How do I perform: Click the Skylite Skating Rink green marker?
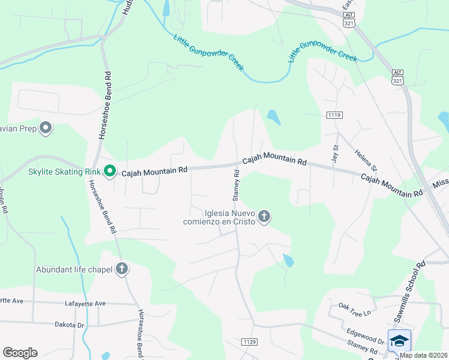click(109, 172)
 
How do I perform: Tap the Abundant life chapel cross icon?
click(122, 269)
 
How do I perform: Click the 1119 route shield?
click(334, 115)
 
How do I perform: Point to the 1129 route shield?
click(250, 341)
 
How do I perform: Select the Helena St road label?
click(365, 160)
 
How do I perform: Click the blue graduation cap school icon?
click(399, 341)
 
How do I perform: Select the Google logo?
click(20, 353)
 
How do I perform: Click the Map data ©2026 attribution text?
click(424, 355)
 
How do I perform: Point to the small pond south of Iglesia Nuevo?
click(288, 260)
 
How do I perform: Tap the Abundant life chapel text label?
click(74, 269)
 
